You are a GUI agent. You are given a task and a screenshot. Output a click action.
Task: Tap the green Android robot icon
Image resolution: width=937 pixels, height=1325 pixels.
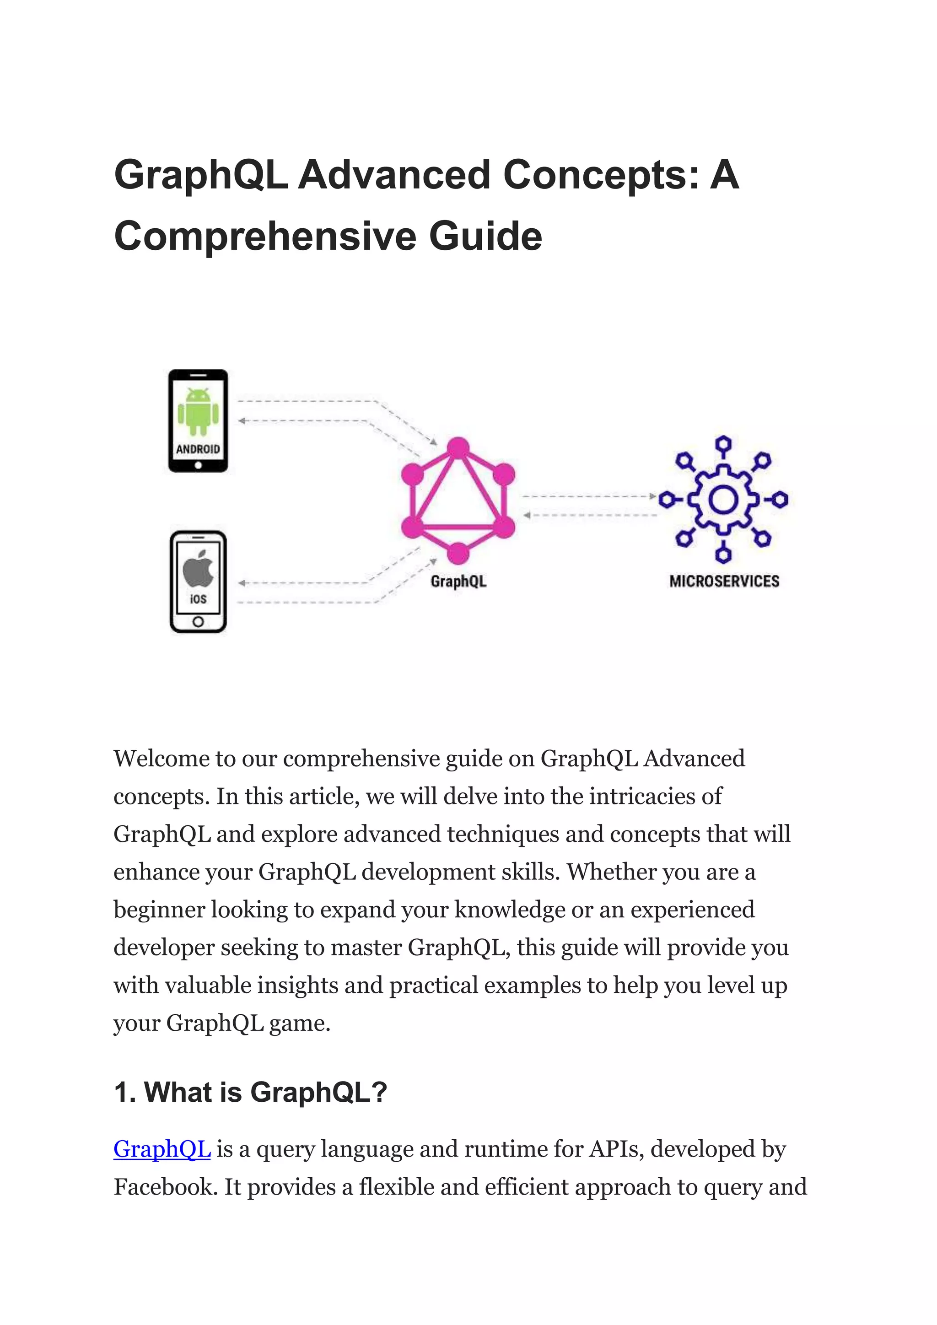tap(198, 411)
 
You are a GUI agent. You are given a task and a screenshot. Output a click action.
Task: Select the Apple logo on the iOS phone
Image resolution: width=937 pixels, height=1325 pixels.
tap(198, 568)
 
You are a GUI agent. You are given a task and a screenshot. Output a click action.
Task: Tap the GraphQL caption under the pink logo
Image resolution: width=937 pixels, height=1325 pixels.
tap(459, 581)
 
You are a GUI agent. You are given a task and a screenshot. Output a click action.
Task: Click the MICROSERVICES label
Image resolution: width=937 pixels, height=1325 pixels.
tap(724, 581)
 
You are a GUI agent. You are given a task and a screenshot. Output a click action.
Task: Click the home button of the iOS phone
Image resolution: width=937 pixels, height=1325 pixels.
tap(198, 621)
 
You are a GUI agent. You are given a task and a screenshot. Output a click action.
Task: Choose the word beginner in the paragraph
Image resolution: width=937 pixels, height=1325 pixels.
tap(159, 910)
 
